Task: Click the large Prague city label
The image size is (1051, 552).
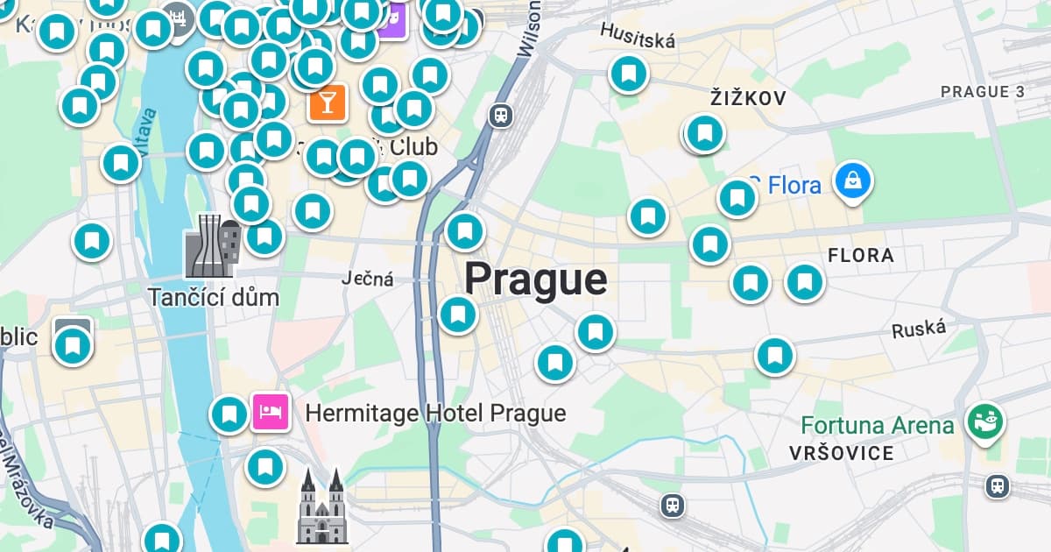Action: [535, 280]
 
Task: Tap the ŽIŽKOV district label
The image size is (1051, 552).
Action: [748, 98]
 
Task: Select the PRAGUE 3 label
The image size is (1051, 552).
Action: [982, 91]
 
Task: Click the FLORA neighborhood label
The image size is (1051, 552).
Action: [860, 256]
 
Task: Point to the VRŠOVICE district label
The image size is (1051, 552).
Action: [841, 453]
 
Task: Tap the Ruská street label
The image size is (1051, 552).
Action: [919, 329]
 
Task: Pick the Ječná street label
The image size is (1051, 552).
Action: [367, 280]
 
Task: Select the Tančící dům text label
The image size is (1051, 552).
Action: [213, 297]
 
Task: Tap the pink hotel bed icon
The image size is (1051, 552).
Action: [271, 411]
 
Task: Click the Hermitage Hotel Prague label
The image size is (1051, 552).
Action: [435, 413]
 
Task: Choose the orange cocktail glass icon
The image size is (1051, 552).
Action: [327, 103]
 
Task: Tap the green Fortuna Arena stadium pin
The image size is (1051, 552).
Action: [985, 422]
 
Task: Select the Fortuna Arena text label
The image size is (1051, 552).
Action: [877, 427]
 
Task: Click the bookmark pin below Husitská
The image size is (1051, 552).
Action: [628, 74]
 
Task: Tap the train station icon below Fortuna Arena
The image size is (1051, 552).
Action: [997, 485]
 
